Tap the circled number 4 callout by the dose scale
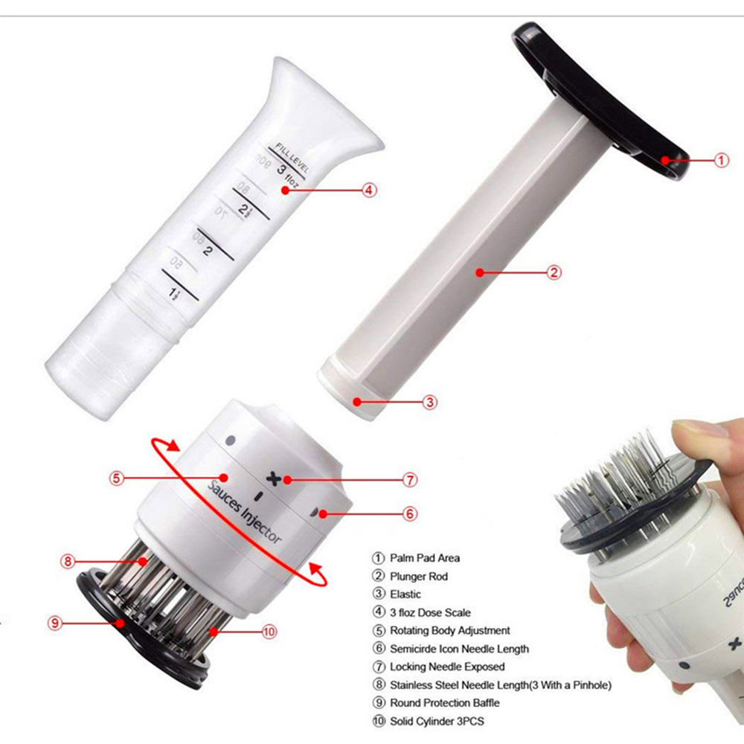[369, 190]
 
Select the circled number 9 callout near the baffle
[54, 623]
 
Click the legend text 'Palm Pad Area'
[424, 558]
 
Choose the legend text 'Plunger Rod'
[418, 576]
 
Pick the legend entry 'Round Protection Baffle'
[444, 702]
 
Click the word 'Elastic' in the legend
[405, 594]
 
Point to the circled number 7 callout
[410, 480]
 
